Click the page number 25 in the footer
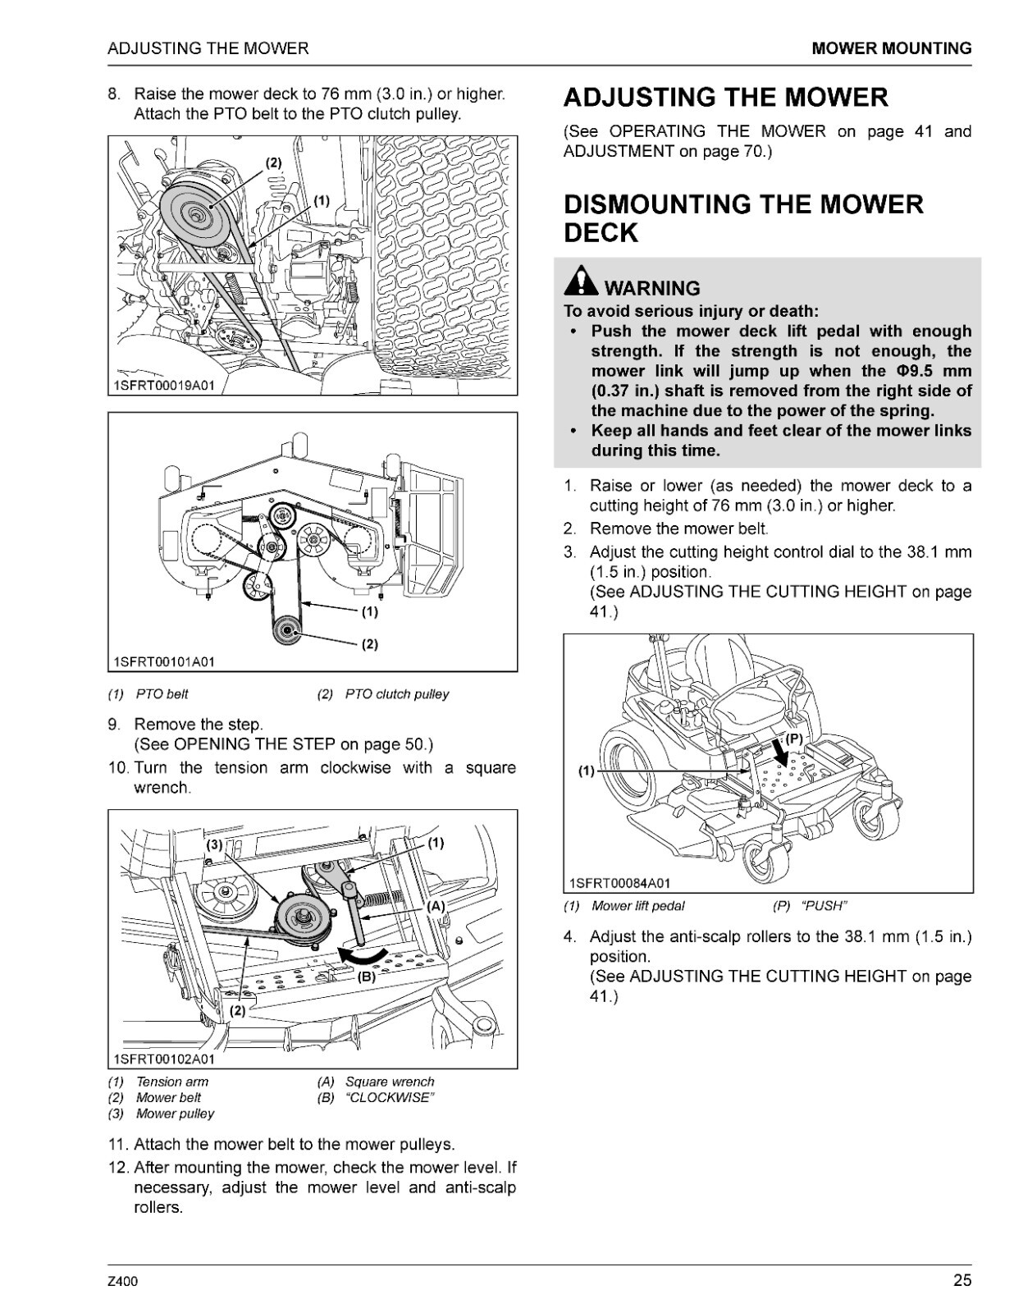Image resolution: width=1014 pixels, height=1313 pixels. [961, 1280]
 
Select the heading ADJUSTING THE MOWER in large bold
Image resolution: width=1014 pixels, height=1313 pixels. [725, 98]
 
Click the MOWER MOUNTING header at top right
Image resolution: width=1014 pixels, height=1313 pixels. [891, 48]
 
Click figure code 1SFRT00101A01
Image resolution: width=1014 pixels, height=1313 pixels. [164, 661]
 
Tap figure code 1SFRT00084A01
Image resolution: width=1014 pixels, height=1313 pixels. [619, 883]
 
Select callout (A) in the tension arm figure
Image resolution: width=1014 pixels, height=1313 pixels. [435, 906]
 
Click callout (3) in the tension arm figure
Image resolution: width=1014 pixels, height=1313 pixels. [214, 844]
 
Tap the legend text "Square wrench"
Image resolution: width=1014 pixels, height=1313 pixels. [390, 1082]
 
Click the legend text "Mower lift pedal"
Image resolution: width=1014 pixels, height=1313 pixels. [637, 906]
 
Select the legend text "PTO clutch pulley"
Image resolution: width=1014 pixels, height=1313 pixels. [397, 694]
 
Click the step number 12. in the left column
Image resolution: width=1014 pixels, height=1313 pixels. [118, 1167]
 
